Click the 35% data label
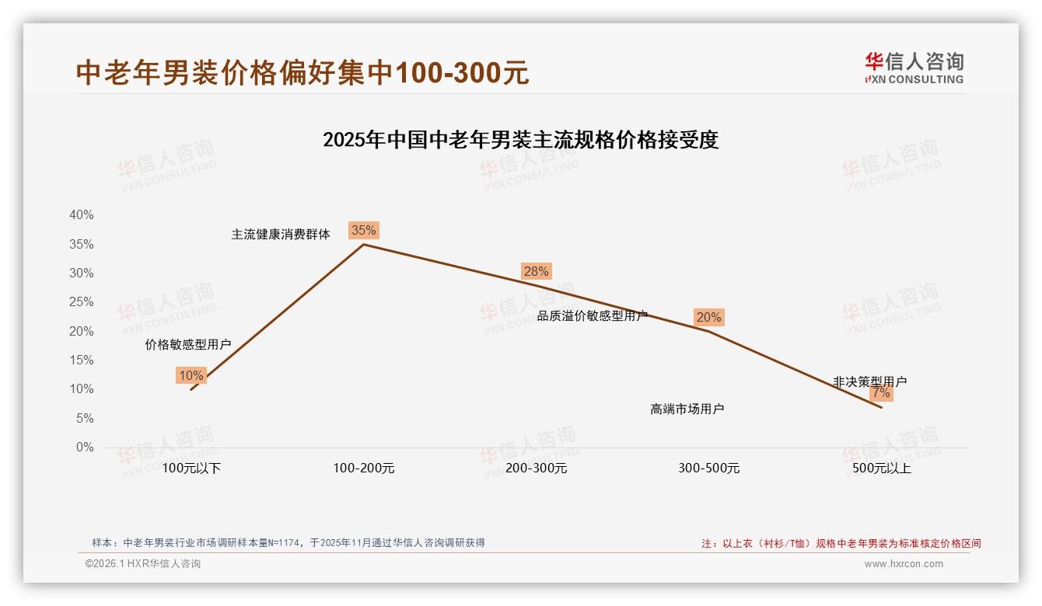point(363,230)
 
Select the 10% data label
point(191,376)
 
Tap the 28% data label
point(536,271)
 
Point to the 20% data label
point(708,317)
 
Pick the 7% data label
point(881,393)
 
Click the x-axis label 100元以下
point(191,468)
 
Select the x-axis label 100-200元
point(364,468)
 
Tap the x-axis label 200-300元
point(537,468)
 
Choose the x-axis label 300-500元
point(709,468)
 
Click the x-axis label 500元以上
point(882,468)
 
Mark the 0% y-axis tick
point(85,448)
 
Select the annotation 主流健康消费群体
point(281,234)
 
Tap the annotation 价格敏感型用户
point(188,344)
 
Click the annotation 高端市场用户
point(687,409)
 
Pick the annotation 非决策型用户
point(869,381)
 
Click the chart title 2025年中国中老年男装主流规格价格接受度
point(520,140)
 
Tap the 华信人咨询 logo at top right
point(914,68)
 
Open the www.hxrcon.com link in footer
point(904,564)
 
